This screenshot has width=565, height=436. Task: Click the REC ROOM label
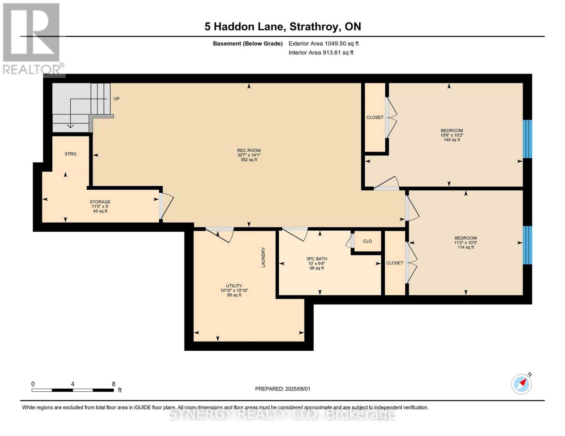(249, 150)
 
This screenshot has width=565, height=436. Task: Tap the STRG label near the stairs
(71, 154)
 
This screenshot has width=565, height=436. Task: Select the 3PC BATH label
(317, 259)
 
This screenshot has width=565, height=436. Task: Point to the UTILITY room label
(234, 286)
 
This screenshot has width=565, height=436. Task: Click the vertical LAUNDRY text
(263, 257)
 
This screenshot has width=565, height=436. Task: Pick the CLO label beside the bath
(367, 241)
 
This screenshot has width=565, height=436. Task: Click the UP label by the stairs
(116, 99)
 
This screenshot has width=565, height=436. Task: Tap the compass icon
(522, 384)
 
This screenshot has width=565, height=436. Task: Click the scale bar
(72, 390)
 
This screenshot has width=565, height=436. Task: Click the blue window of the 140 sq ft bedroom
(527, 139)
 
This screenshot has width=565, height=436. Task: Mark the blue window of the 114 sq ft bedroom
(527, 245)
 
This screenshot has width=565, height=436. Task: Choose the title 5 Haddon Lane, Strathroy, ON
(282, 27)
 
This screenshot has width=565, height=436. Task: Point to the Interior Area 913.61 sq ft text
(321, 53)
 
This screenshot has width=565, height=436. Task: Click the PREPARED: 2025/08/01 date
(283, 389)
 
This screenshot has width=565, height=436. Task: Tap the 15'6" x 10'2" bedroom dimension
(451, 135)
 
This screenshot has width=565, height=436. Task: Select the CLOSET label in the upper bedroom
(375, 117)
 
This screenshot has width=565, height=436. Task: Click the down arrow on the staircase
(70, 126)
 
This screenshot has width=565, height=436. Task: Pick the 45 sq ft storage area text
(100, 211)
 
